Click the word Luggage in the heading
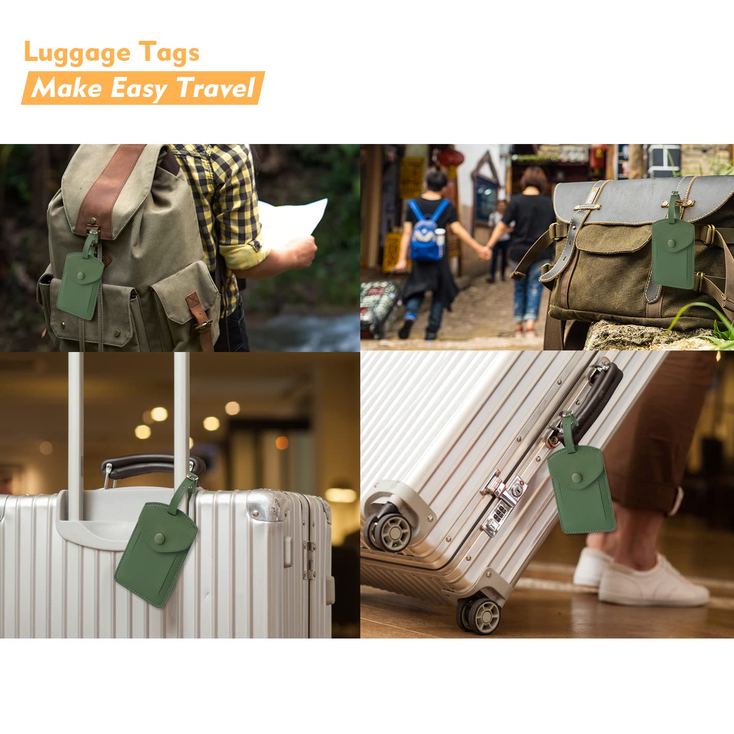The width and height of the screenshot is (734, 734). pyautogui.click(x=77, y=53)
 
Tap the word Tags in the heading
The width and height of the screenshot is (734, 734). pyautogui.click(x=169, y=53)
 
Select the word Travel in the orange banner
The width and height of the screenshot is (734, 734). pyautogui.click(x=215, y=88)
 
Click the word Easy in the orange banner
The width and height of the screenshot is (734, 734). pyautogui.click(x=138, y=88)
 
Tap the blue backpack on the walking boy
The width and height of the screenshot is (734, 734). pyautogui.click(x=427, y=232)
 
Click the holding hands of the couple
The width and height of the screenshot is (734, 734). pyautogui.click(x=484, y=252)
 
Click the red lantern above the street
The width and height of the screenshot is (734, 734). pyautogui.click(x=450, y=157)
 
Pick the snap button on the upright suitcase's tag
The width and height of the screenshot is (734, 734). pyautogui.click(x=160, y=539)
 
